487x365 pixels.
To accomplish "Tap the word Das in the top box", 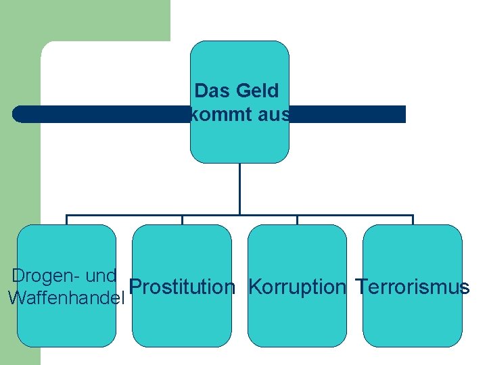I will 210,90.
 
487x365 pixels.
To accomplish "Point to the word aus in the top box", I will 274,115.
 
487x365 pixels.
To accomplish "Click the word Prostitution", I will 182,287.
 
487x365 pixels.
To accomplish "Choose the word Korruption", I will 297,287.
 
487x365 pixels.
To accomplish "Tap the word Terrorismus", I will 413,287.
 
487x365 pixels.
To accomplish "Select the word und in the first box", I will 101,276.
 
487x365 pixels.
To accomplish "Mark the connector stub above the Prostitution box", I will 182,220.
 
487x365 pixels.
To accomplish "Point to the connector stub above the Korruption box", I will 297,220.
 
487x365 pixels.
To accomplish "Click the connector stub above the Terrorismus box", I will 413,220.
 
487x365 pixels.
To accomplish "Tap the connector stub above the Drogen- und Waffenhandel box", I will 66,220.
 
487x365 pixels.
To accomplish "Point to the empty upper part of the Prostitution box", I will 182,247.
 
